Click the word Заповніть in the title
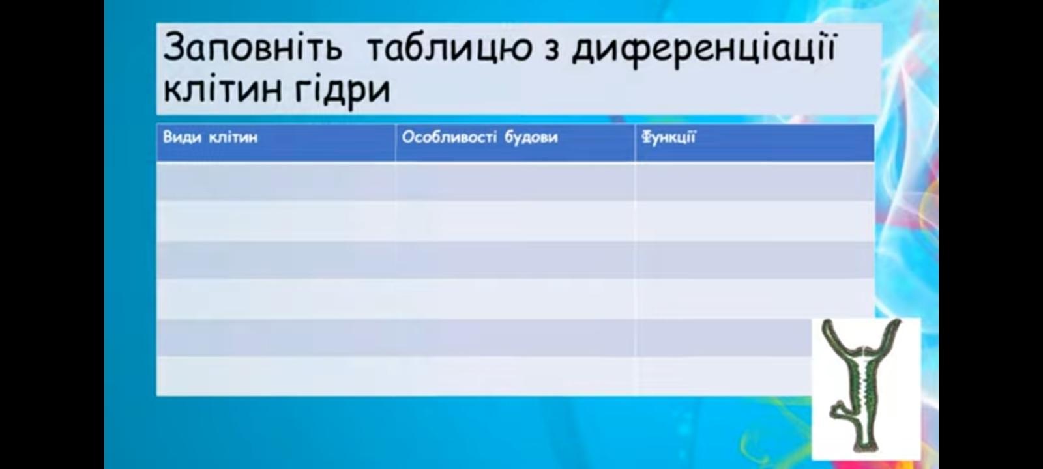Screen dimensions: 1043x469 tap(252, 48)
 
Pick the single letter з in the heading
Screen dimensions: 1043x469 tap(551, 51)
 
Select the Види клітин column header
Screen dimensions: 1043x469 tap(210, 137)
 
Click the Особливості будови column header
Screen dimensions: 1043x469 tap(480, 137)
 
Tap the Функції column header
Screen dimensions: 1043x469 tap(669, 137)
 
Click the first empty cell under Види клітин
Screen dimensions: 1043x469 tap(276, 182)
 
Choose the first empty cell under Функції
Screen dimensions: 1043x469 tap(754, 182)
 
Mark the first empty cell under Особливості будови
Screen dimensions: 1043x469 tap(515, 182)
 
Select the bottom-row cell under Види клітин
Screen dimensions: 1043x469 tap(276, 377)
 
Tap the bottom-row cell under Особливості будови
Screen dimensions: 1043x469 tap(515, 377)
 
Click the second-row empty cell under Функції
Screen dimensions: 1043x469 tap(754, 221)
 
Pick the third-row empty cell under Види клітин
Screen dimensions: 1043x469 tap(276, 260)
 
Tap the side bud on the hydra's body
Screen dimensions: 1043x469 tap(841, 412)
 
